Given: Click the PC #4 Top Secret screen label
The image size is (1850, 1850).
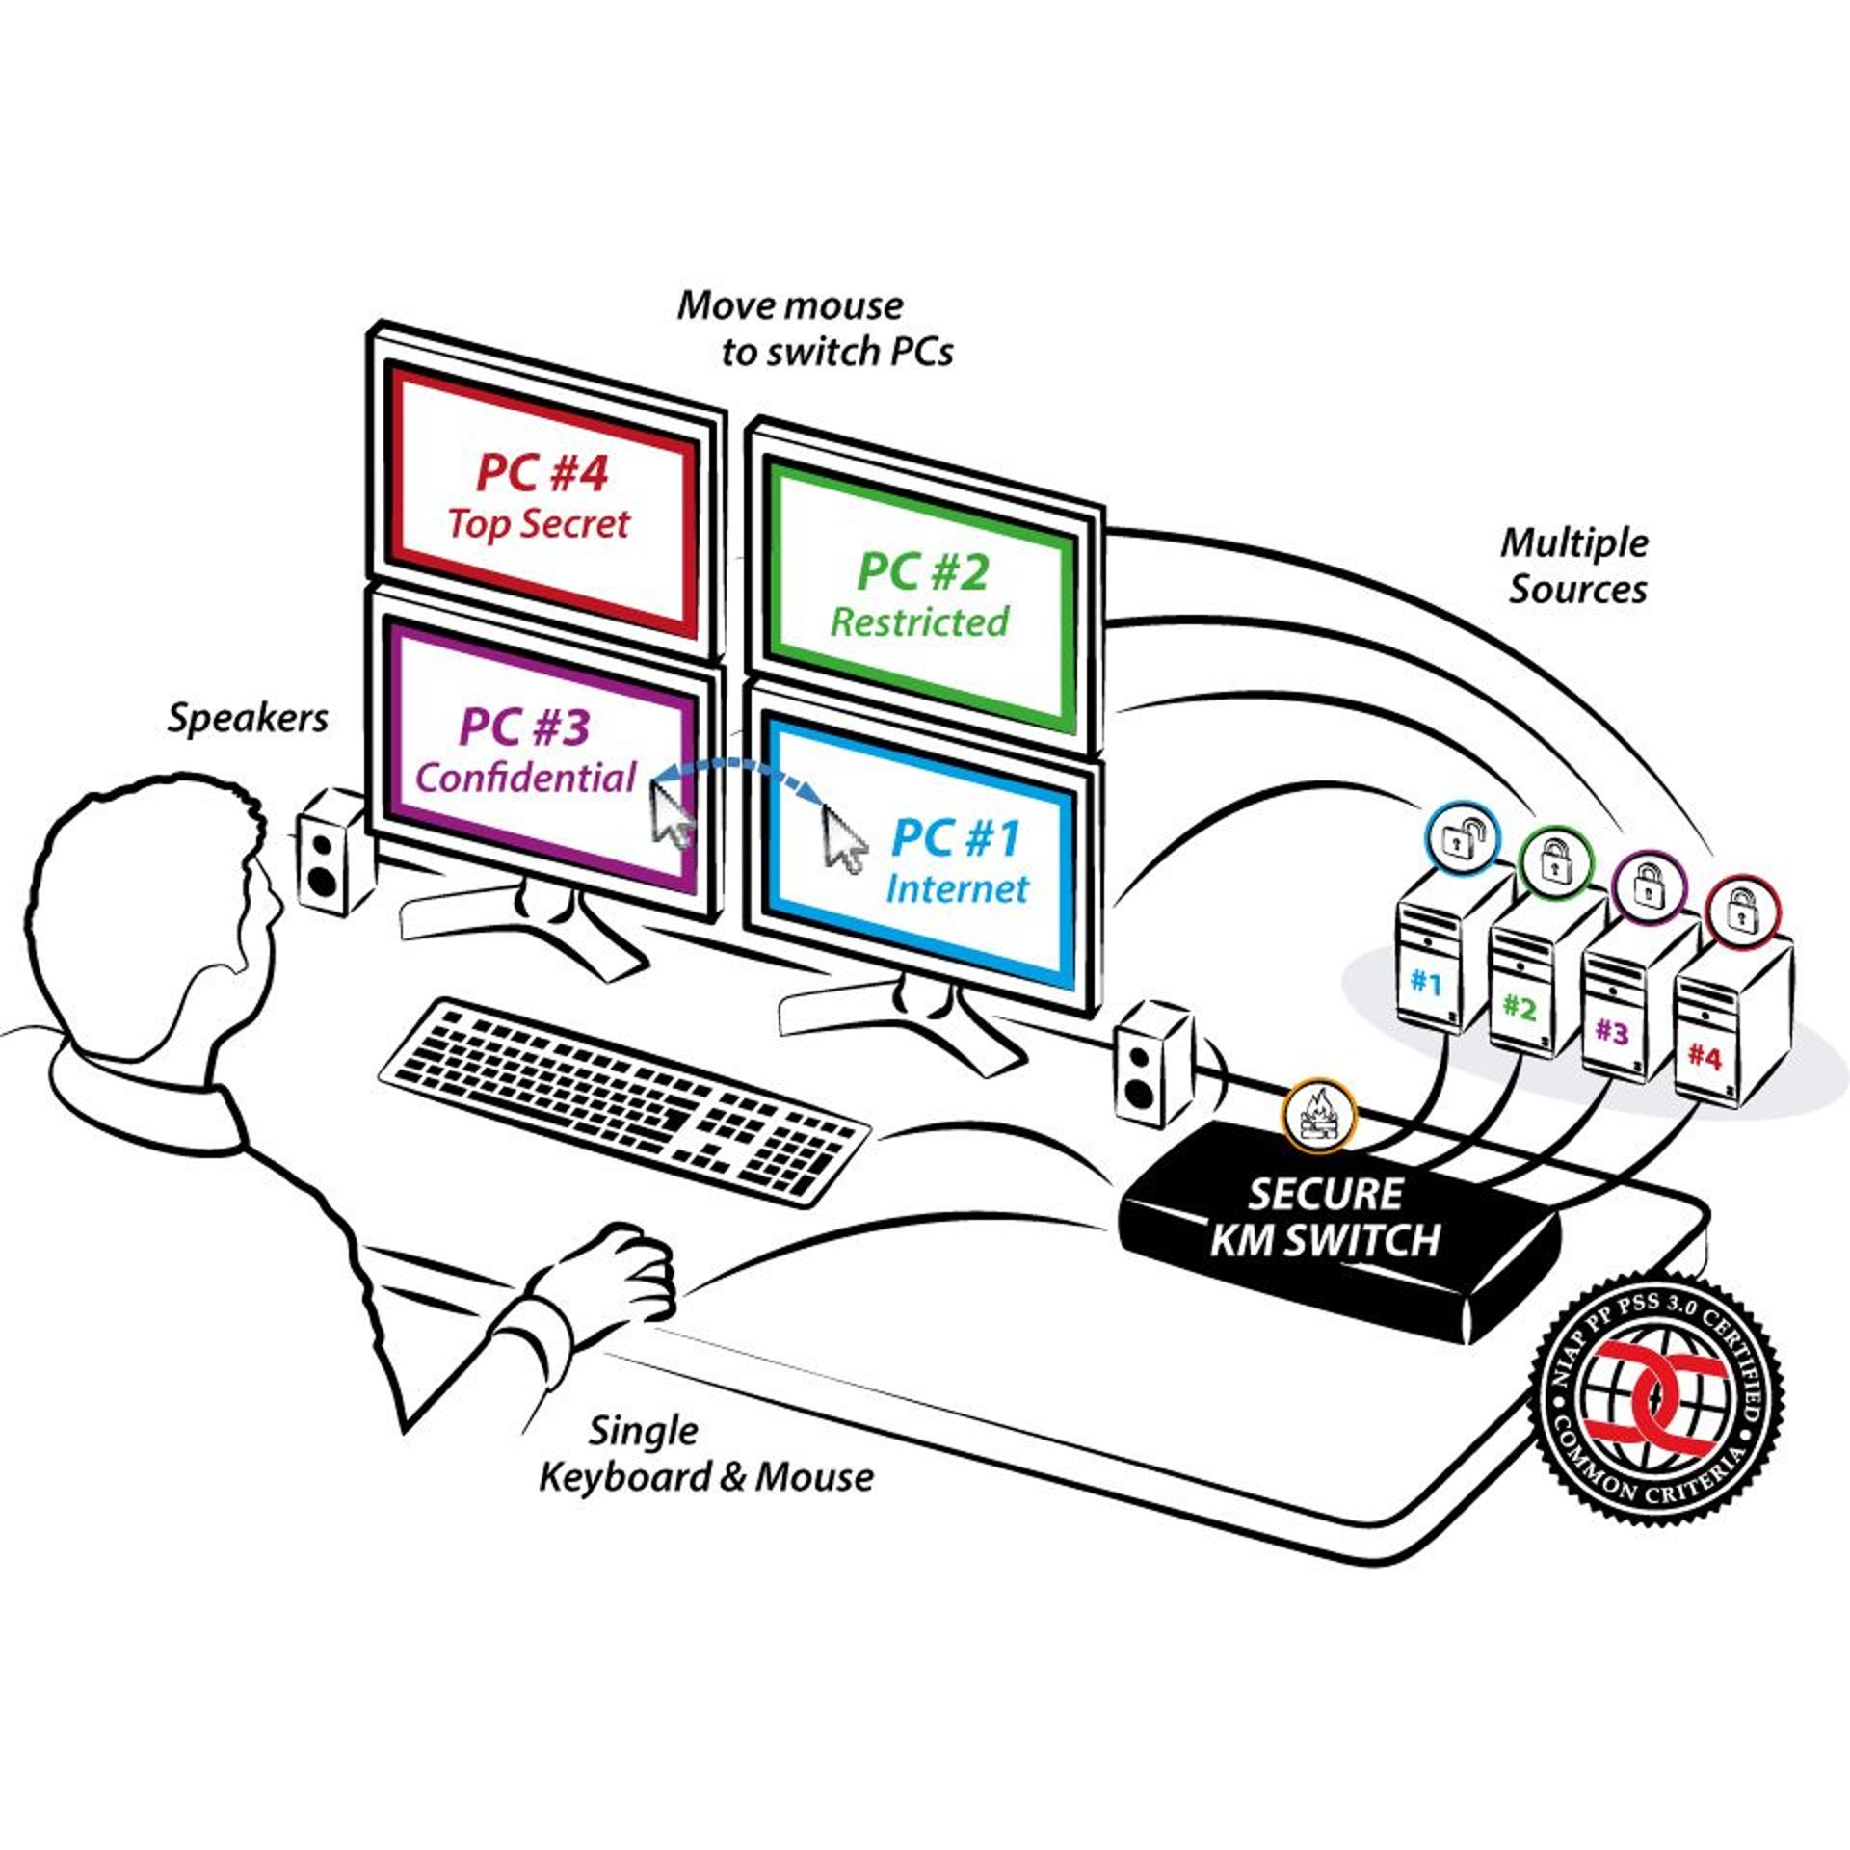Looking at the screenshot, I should click(541, 497).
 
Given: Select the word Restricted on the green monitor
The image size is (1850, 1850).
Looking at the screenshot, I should click(919, 621).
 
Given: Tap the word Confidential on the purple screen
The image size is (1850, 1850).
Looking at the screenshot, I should click(526, 778).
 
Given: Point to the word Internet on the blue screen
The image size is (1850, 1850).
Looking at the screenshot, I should click(957, 888).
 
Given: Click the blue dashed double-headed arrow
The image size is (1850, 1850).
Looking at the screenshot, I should click(738, 771).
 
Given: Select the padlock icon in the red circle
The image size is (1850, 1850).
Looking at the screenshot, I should click(1742, 910).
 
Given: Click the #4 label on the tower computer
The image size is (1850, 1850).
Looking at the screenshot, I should click(1704, 1057).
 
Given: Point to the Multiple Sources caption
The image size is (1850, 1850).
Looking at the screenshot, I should click(1575, 566).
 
